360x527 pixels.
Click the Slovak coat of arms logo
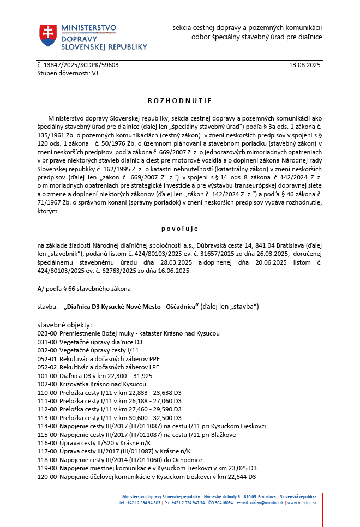click(48, 35)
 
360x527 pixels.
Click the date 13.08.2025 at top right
click(305, 65)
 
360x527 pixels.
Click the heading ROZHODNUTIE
click(179, 101)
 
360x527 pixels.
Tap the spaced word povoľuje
click(179, 229)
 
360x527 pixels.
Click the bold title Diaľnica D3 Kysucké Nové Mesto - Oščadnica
click(131, 307)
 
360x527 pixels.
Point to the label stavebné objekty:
click(65, 325)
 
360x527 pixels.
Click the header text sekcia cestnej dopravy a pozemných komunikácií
click(247, 27)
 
